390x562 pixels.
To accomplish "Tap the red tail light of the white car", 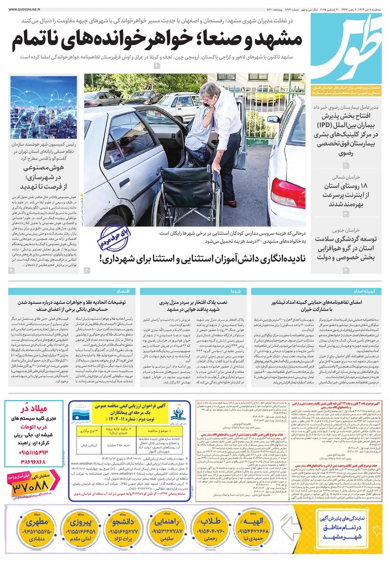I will (288, 192).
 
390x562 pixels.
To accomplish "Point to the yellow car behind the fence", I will (269, 94).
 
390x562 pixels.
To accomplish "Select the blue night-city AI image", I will (43, 107).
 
